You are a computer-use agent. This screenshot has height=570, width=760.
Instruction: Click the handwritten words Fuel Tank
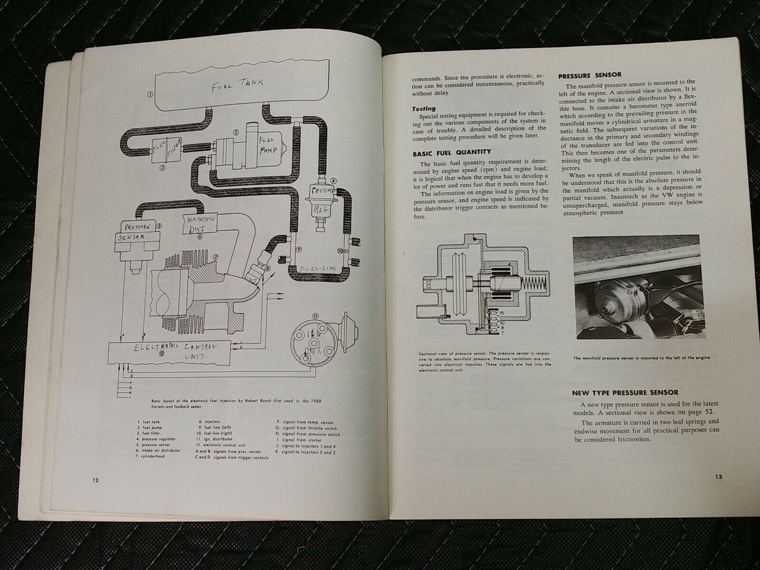[x=238, y=84]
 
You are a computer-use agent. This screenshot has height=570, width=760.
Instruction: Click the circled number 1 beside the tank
[x=150, y=95]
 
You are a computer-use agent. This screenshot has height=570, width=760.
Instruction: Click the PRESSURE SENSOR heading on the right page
[x=590, y=75]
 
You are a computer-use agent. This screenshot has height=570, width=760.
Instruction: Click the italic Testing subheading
[x=424, y=108]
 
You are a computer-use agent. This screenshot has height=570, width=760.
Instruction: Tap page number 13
[x=718, y=476]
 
